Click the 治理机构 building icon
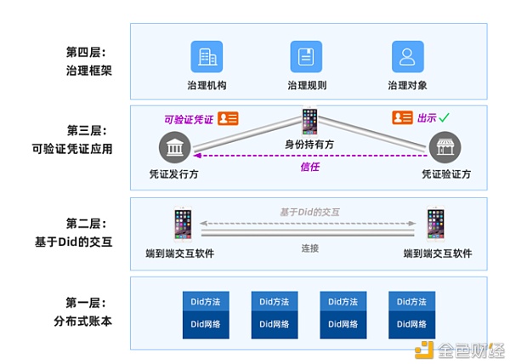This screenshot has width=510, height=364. coord(207,56)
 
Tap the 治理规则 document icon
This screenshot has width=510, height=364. coord(306,56)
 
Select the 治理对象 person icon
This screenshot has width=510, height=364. coord(407,56)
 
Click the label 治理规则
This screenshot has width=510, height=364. coord(307,86)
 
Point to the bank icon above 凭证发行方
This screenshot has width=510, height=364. coord(174,151)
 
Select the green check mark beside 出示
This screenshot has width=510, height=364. coord(444,118)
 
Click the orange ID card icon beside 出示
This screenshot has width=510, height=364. coord(401,118)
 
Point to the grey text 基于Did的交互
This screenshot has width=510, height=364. coord(309,211)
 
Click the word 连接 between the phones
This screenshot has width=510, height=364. coord(309,248)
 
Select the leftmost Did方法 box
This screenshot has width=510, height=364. coord(206,301)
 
